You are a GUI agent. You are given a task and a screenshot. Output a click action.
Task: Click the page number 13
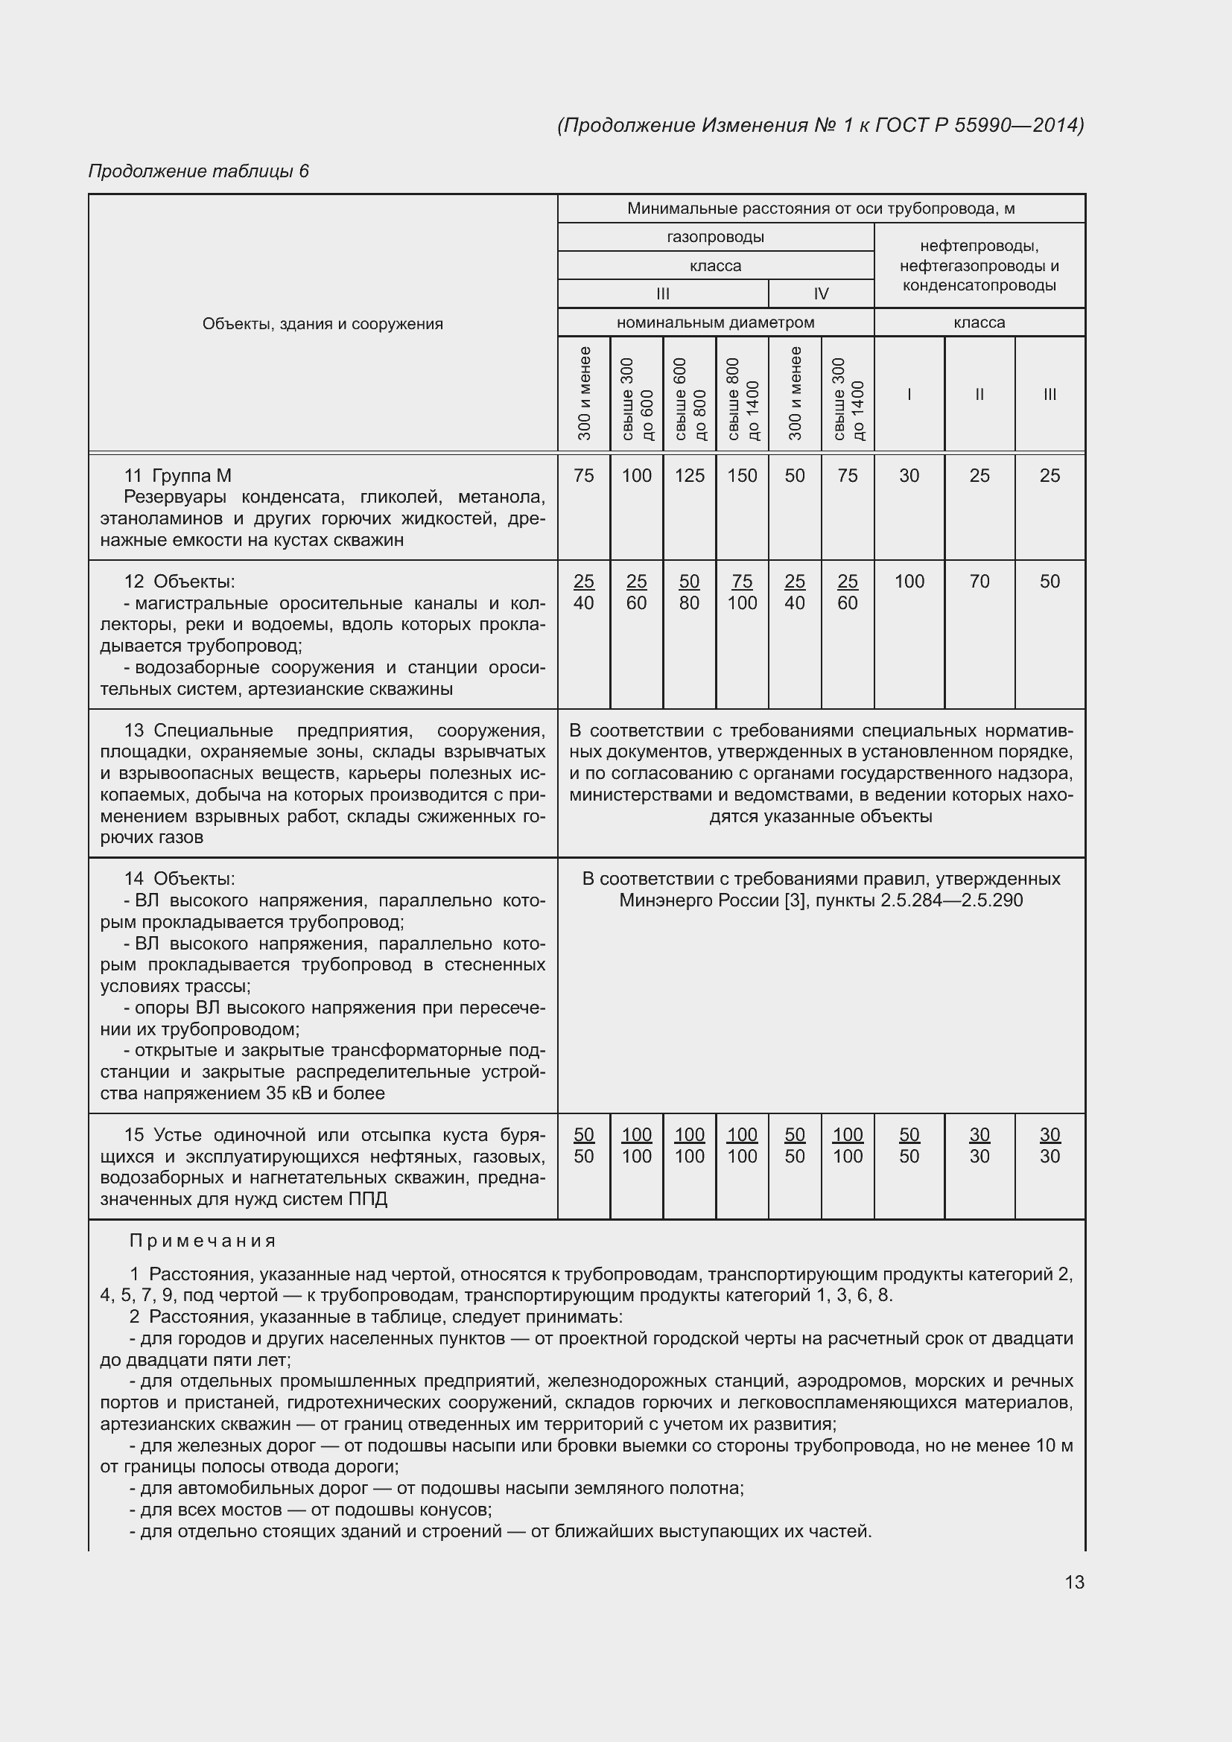point(1074,1582)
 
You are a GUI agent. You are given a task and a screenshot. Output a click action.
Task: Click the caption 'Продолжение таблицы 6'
point(199,171)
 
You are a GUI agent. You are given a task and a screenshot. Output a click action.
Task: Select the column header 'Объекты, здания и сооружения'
point(323,324)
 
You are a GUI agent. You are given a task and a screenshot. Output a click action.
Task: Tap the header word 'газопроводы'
point(715,237)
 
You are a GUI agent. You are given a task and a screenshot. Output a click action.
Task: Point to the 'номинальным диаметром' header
point(715,322)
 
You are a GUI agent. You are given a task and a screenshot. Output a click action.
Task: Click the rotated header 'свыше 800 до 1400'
point(742,395)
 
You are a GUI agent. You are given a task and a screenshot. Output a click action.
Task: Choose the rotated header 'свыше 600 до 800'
point(690,395)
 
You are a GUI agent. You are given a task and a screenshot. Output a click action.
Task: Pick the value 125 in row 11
point(690,476)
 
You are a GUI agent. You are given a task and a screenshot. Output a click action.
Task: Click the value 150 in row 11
point(742,476)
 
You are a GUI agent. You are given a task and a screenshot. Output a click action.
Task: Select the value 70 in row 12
point(979,582)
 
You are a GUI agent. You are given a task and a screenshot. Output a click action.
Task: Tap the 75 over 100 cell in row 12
point(742,593)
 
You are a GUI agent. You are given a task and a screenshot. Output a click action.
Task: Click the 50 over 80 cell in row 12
point(690,593)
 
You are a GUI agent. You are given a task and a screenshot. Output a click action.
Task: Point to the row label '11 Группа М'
point(177,476)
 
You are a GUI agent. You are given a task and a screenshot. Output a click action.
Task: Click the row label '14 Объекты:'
point(180,879)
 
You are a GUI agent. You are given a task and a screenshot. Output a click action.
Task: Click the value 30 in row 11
point(909,476)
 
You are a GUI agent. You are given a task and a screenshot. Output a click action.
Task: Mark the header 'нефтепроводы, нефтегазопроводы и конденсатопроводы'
point(979,266)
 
